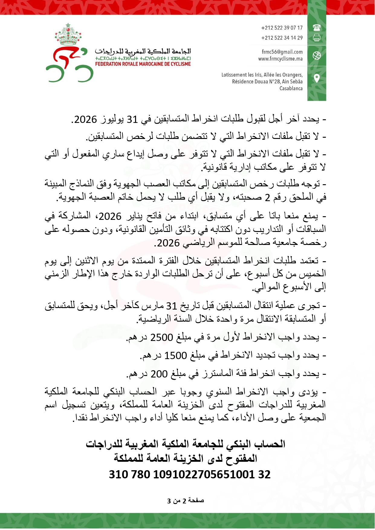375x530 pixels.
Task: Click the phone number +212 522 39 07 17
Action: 282,28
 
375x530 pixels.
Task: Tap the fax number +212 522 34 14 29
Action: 282,38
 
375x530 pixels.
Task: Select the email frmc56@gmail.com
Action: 282,52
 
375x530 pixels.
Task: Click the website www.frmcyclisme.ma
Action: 280,59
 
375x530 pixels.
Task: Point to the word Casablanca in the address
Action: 291,88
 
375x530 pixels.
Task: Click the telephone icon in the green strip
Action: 317,28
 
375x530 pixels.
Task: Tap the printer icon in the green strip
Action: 317,38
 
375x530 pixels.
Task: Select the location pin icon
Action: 317,79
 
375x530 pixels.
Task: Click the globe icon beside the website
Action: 317,56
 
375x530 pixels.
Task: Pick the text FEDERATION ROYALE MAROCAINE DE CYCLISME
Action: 143,64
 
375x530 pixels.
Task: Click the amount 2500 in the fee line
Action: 161,337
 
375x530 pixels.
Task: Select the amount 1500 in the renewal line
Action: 175,356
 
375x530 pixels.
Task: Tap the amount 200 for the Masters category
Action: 159,374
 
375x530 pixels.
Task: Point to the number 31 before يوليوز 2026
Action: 132,120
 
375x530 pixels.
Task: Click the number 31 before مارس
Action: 172,306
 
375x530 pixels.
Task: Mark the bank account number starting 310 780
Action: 189,474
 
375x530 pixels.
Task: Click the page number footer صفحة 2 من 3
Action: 186,501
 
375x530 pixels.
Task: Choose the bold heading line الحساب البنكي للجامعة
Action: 186,444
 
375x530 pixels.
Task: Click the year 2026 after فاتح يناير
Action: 110,216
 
